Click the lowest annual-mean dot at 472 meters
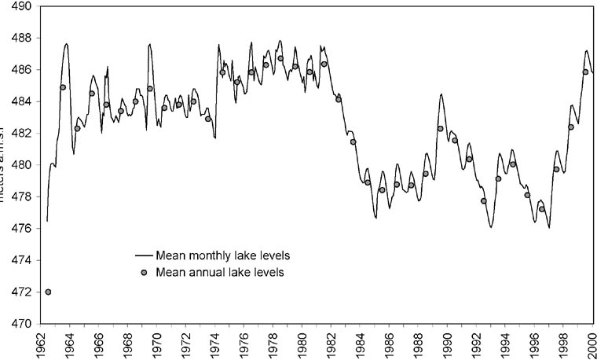49,292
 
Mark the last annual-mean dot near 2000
585,72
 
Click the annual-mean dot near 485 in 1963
63,87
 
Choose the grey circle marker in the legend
144,273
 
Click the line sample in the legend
144,256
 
